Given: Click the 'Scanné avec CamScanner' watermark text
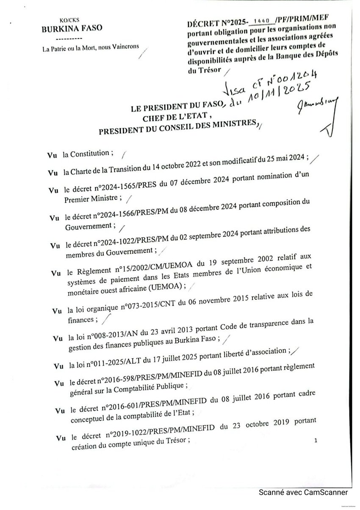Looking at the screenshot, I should (303, 493).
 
